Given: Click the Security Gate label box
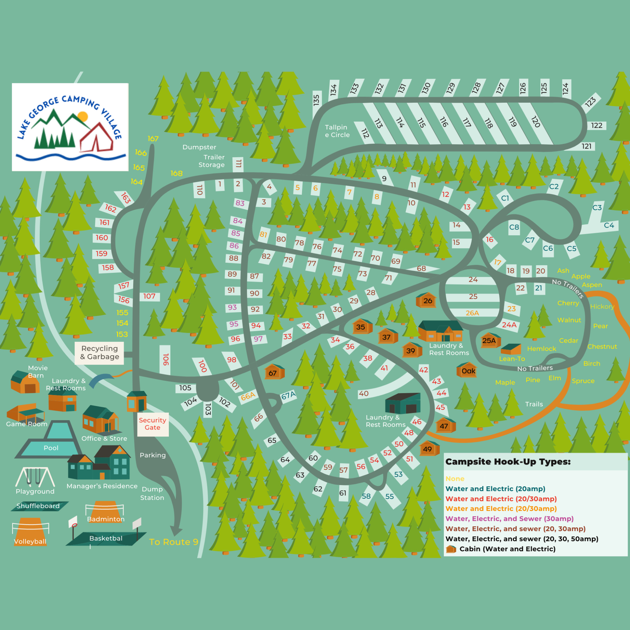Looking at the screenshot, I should click(x=153, y=424).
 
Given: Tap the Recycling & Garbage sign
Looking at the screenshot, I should click(x=99, y=353).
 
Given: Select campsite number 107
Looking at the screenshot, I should click(x=149, y=296).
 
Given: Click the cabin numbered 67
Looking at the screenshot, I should click(x=273, y=373).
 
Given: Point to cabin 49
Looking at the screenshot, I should click(x=429, y=449).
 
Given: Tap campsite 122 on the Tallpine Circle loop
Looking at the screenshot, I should click(x=596, y=126).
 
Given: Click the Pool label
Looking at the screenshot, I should click(x=51, y=448).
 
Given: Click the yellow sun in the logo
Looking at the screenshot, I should click(x=83, y=116).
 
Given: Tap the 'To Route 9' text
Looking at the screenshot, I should click(x=173, y=542).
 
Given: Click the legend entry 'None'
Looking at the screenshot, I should click(x=455, y=478).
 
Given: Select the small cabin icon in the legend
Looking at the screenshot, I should click(x=451, y=549).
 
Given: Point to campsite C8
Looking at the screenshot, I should click(x=514, y=227).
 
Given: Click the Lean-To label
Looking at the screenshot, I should click(x=512, y=359).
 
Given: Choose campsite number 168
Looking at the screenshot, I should click(x=176, y=173).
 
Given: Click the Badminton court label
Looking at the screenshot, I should click(x=106, y=519).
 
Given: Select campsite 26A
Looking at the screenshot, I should click(x=472, y=313).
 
